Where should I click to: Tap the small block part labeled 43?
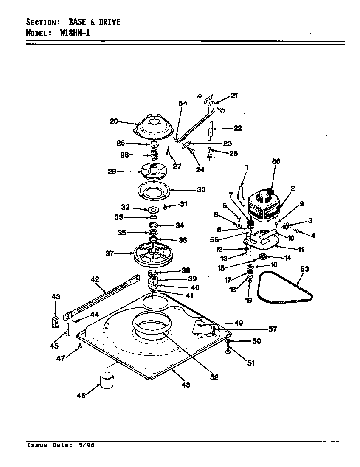(x=55, y=323)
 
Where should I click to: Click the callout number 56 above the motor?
(x=276, y=161)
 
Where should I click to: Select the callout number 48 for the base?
(x=186, y=385)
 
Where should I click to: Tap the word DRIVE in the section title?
(x=110, y=22)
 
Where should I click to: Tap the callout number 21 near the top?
(x=234, y=96)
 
